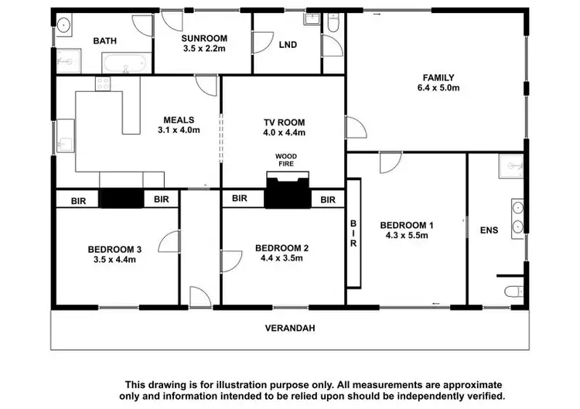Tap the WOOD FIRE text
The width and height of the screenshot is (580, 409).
(285, 160)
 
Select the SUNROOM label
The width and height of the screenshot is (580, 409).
(203, 38)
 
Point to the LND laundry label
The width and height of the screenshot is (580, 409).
(288, 44)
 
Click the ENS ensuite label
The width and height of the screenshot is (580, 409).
(489, 230)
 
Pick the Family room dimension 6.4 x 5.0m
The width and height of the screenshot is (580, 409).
(438, 88)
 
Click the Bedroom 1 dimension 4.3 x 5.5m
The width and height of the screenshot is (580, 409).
(407, 236)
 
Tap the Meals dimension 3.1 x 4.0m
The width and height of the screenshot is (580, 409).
(179, 131)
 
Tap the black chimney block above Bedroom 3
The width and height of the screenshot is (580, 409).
(121, 199)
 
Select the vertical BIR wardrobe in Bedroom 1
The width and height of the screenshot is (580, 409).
(354, 232)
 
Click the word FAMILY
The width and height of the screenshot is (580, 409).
(438, 77)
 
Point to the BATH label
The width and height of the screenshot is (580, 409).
(104, 41)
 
